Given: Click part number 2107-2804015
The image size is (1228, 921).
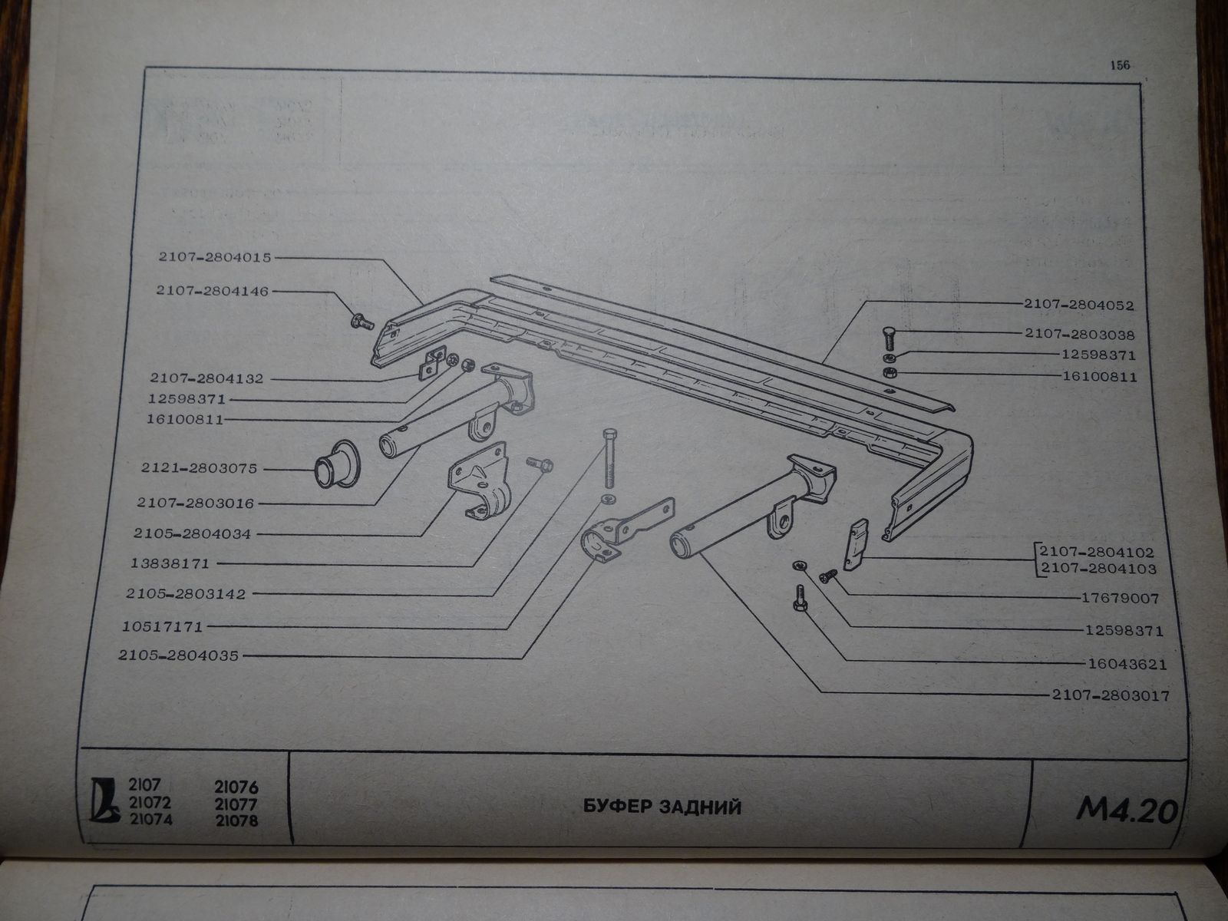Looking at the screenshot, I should [x=215, y=259].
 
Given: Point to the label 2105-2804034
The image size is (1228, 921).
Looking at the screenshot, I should [x=193, y=533].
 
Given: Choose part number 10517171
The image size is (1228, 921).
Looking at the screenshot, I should [x=161, y=627].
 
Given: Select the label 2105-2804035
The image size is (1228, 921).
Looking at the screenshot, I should [x=179, y=656].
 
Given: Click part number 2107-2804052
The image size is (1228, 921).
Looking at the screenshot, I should [x=1089, y=305].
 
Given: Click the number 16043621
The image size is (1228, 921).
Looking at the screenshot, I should [x=1126, y=665].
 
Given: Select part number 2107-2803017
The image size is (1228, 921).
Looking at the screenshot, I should [x=1110, y=697].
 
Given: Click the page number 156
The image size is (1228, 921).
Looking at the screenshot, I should [x=1120, y=65].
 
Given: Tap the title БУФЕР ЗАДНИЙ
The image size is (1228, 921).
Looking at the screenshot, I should [x=662, y=807].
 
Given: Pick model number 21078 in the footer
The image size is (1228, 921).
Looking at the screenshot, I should [x=237, y=821].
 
